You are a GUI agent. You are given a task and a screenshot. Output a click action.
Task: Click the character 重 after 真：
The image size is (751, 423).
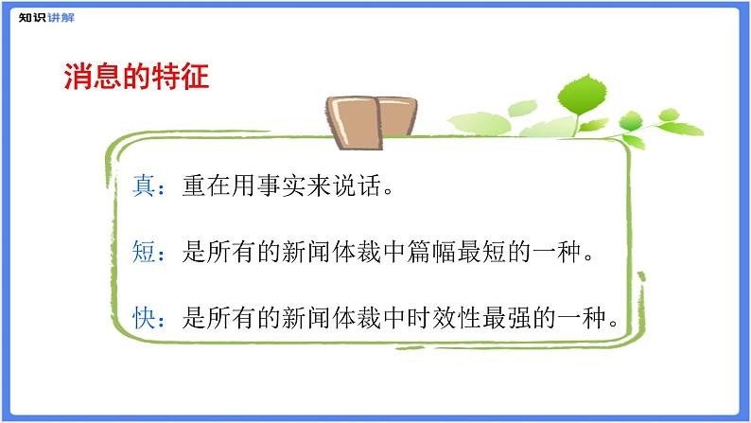(x=189, y=186)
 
